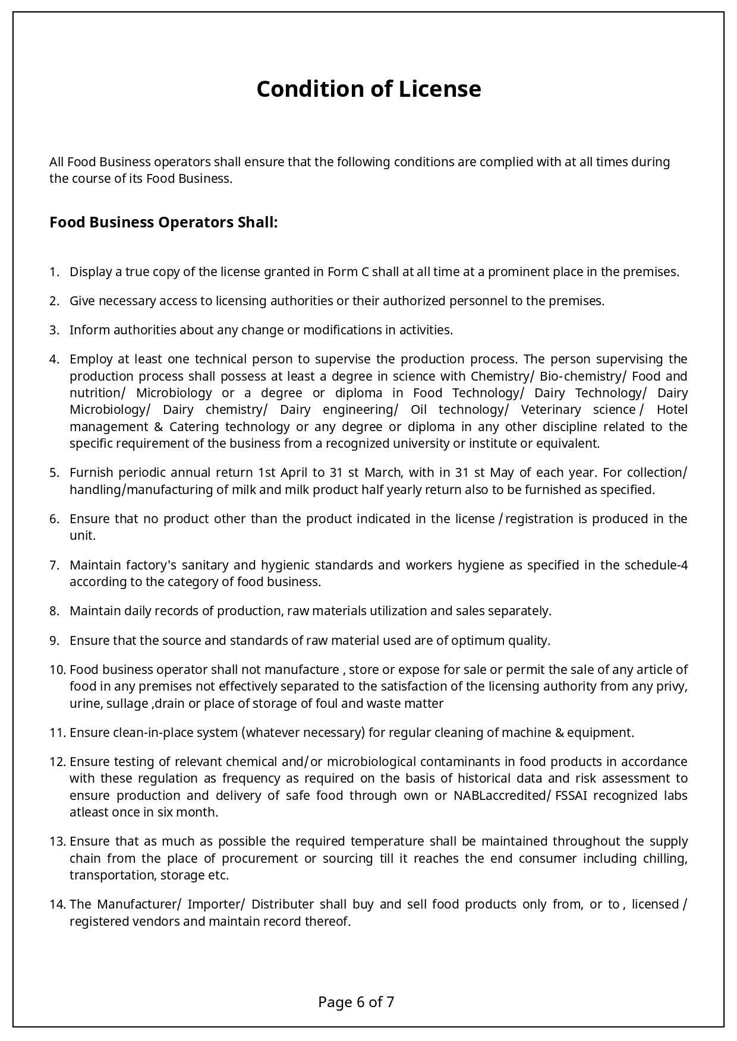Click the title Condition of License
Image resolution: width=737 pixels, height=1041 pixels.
[x=368, y=89]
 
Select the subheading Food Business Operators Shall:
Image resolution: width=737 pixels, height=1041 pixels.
[x=163, y=222]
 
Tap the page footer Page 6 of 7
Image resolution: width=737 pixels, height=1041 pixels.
[x=356, y=1002]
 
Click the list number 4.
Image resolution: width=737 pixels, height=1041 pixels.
[x=54, y=359]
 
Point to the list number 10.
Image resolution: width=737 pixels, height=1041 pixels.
[x=57, y=670]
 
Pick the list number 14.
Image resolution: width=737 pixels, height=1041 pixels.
[x=57, y=904]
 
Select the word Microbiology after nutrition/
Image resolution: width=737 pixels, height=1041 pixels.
[x=174, y=393]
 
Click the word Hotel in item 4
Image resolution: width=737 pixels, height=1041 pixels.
[x=672, y=410]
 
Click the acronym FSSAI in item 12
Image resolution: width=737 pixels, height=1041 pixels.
[x=571, y=796]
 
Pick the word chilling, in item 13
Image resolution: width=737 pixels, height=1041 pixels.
[x=665, y=859]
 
